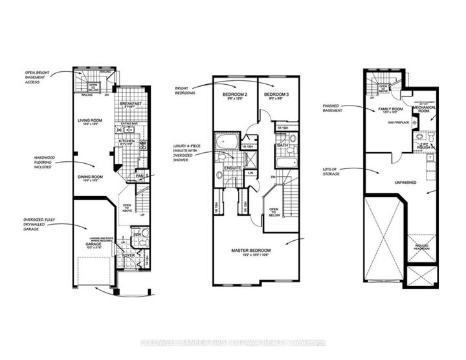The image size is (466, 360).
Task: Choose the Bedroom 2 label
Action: click(x=234, y=95)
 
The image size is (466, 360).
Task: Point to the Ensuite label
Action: click(x=233, y=168)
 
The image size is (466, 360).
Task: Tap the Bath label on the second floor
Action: click(x=282, y=145)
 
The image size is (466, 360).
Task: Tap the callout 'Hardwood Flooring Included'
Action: click(x=41, y=160)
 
